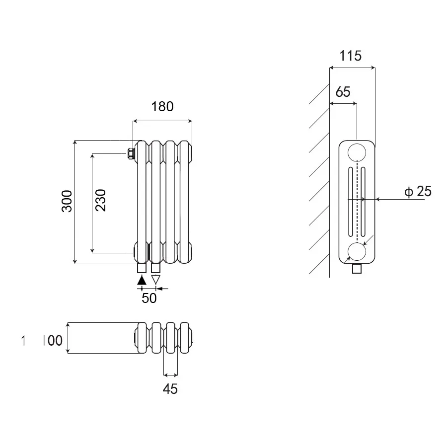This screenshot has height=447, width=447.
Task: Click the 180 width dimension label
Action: (x=162, y=106)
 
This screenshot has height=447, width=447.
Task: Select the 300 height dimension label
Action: (x=67, y=201)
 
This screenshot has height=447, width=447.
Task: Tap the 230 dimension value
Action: (x=101, y=200)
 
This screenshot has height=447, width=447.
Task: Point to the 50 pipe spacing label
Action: (x=149, y=298)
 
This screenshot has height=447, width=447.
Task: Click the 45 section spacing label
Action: (x=170, y=389)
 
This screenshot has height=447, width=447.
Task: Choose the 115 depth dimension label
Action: (x=351, y=56)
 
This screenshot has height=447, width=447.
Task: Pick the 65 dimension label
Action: (x=343, y=92)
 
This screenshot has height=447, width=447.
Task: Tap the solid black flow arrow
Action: (x=142, y=280)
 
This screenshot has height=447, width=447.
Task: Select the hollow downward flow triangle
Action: (x=156, y=280)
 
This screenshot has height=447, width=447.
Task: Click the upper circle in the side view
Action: (x=357, y=152)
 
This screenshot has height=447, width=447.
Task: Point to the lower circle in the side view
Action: (x=357, y=252)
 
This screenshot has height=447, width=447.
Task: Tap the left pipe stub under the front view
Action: (x=142, y=268)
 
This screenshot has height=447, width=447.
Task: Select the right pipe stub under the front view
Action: (x=156, y=268)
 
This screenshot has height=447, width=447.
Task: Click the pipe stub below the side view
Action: (x=357, y=269)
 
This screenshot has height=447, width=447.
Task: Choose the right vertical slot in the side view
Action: (x=364, y=202)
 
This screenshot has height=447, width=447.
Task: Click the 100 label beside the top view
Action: (x=52, y=341)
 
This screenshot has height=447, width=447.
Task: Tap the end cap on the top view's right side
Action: (x=193, y=339)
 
